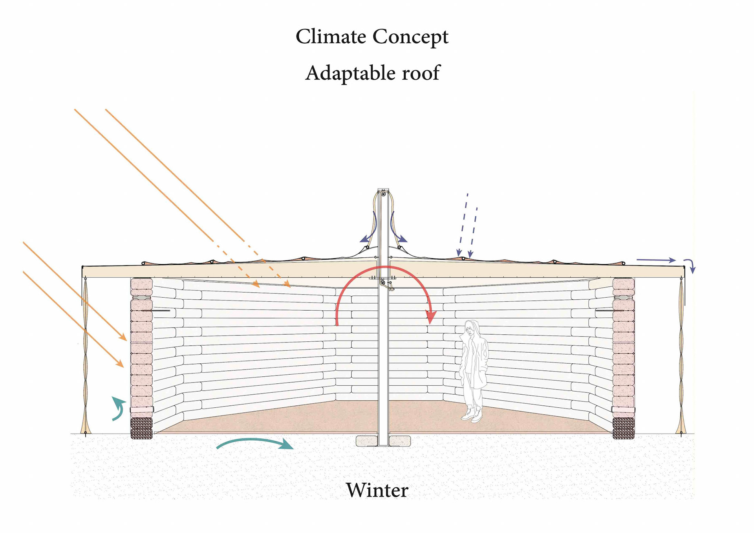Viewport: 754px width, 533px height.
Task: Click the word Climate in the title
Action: [331, 37]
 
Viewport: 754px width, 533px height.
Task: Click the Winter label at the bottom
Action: [377, 490]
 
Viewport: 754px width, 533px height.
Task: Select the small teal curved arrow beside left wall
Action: [118, 408]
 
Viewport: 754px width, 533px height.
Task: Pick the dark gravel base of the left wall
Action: [141, 428]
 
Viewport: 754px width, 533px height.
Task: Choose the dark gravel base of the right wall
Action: [623, 428]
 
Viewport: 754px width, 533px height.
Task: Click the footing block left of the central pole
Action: [367, 441]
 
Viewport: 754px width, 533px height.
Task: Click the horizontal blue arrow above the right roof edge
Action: [655, 260]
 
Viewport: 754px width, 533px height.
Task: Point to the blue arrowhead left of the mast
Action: [365, 239]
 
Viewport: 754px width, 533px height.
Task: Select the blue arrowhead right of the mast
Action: [403, 238]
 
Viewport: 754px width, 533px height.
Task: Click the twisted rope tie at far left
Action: [85, 354]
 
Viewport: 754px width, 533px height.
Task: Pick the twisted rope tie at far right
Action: [681, 354]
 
